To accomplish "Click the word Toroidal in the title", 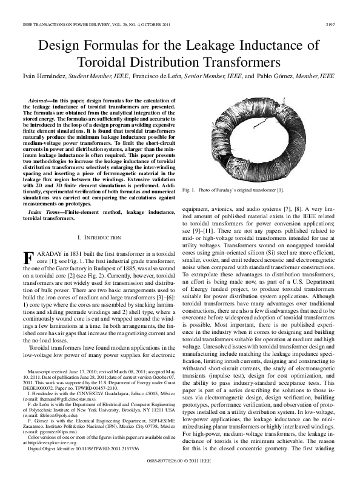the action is [100, 62].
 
